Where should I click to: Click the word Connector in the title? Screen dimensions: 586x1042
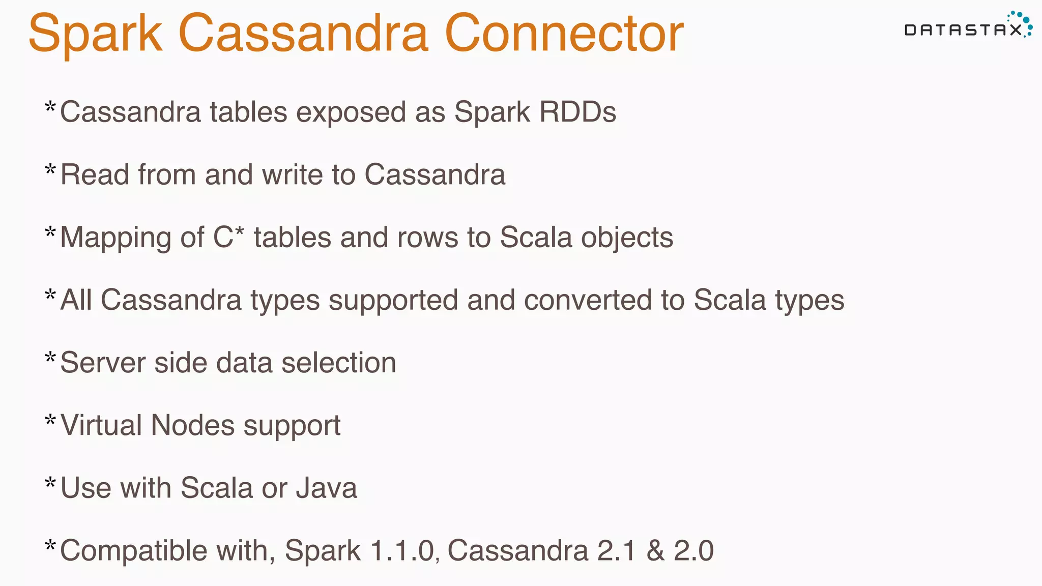pyautogui.click(x=564, y=34)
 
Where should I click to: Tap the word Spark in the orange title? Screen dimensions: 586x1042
pyautogui.click(x=95, y=34)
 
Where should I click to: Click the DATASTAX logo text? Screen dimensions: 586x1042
pyautogui.click(x=963, y=30)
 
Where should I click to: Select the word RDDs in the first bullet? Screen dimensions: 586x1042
pyautogui.click(x=577, y=112)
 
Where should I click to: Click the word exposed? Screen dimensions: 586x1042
pyautogui.click(x=351, y=113)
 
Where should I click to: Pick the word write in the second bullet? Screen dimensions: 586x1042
pyautogui.click(x=293, y=174)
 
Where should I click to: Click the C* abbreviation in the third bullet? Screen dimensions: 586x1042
pyautogui.click(x=228, y=237)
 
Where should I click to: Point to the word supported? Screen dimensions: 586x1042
pyautogui.click(x=393, y=301)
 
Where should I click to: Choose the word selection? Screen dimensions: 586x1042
pyautogui.click(x=338, y=363)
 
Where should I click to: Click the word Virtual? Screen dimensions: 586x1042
pyautogui.click(x=101, y=425)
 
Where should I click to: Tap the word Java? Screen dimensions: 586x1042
pyautogui.click(x=326, y=488)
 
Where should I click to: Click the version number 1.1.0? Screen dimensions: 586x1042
pyautogui.click(x=402, y=550)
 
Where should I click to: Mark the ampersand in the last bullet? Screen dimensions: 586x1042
pyautogui.click(x=655, y=551)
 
